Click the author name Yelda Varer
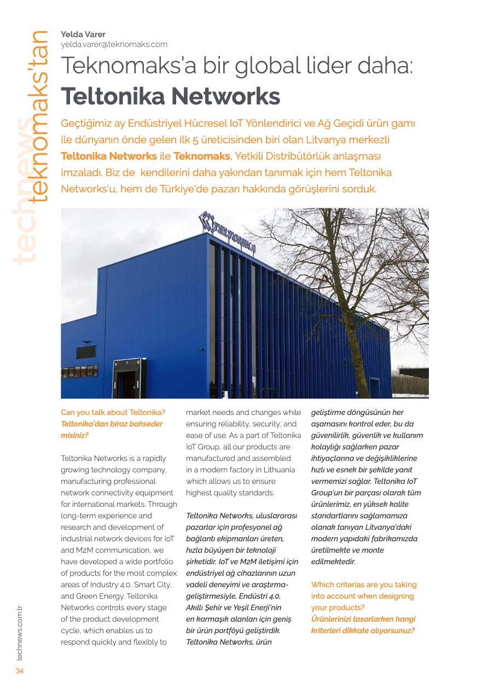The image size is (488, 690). click(x=83, y=34)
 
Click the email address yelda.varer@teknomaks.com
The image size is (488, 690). click(x=114, y=44)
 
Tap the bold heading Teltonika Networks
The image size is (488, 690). click(x=170, y=97)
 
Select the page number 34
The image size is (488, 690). click(x=19, y=671)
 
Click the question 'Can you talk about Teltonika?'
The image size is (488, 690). click(x=113, y=412)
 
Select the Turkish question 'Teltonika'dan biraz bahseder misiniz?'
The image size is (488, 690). click(x=112, y=429)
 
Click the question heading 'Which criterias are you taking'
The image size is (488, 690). click(x=363, y=584)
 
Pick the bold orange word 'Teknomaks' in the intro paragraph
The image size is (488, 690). click(x=201, y=156)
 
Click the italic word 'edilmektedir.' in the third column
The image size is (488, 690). click(x=333, y=562)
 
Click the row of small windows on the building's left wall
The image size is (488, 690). click(x=80, y=371)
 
